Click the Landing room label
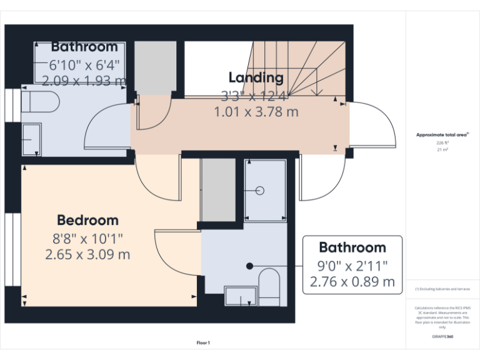click(256, 77)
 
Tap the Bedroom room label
click(87, 220)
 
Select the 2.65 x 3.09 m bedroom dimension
click(87, 254)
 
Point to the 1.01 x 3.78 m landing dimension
click(256, 112)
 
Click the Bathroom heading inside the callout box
click(352, 247)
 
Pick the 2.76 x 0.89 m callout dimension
click(352, 282)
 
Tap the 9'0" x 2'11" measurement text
click(352, 265)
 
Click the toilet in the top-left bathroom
click(40, 101)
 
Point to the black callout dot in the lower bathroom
click(249, 266)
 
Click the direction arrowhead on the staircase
click(318, 92)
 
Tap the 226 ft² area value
click(442, 143)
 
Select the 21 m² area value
click(442, 150)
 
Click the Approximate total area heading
click(442, 134)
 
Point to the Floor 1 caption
click(203, 342)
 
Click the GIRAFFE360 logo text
click(442, 337)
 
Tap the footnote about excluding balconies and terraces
click(442, 289)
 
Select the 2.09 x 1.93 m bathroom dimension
click(84, 80)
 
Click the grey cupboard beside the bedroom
click(217, 189)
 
